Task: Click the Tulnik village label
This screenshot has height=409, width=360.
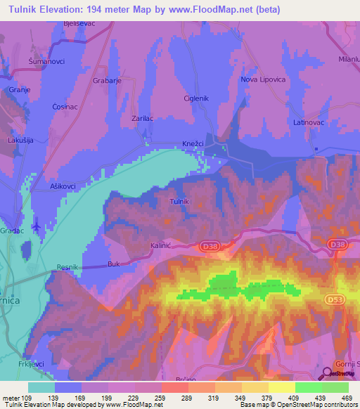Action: (x=181, y=202)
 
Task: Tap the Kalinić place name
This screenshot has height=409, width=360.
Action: (x=161, y=246)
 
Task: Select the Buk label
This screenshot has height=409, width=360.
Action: (x=114, y=264)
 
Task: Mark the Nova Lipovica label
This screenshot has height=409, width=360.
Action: (x=264, y=79)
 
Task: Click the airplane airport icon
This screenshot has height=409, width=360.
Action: (x=36, y=226)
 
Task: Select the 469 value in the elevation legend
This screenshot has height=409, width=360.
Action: (x=347, y=397)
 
